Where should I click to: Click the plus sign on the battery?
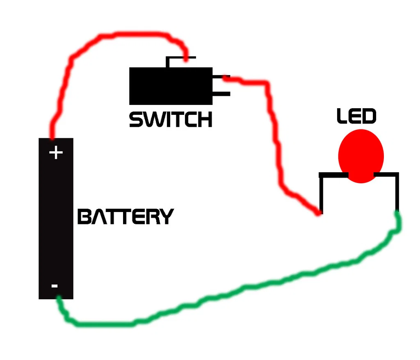pos(56,153)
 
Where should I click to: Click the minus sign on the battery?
pos(55,285)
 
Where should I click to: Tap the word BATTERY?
pos(126,216)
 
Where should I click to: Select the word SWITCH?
pos(171,119)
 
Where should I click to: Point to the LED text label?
pos(356,116)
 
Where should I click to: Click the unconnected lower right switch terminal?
pos(222,94)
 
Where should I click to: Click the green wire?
pos(246,287)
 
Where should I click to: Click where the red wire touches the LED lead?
pos(320,212)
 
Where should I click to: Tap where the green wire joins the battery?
pos(59,298)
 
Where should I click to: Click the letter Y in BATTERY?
pos(166,216)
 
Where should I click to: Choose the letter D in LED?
pos(368,116)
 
